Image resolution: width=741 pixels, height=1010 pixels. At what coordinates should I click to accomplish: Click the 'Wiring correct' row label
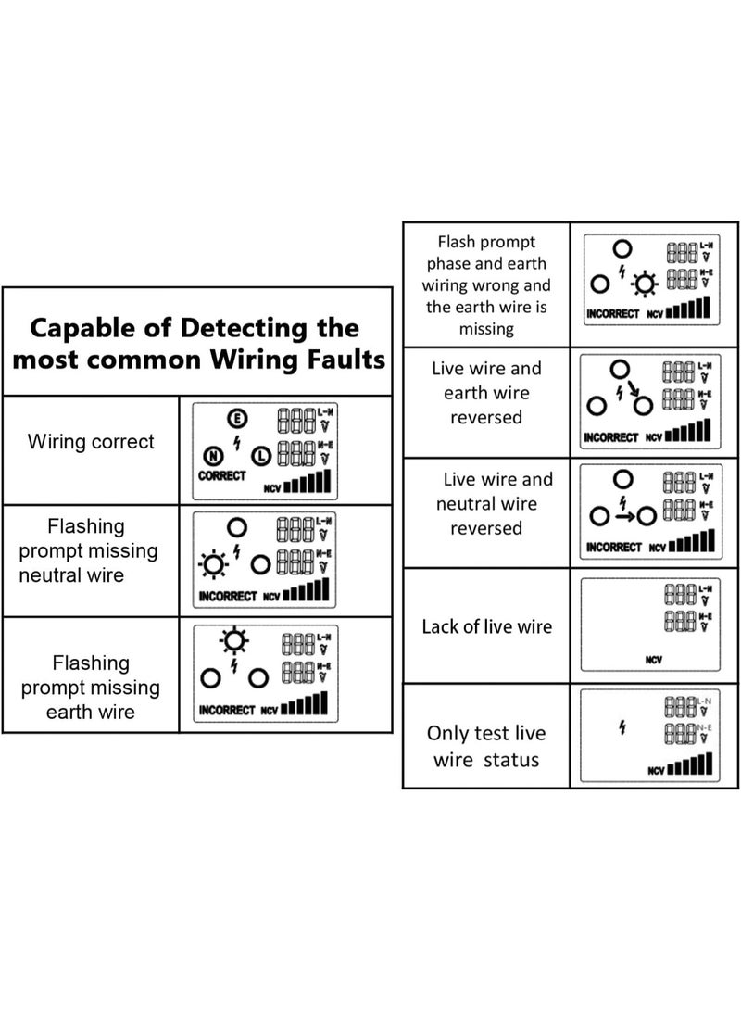(x=91, y=442)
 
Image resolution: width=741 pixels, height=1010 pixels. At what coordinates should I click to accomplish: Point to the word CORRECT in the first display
(x=222, y=476)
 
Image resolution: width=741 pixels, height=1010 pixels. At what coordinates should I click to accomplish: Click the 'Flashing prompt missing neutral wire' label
(x=89, y=551)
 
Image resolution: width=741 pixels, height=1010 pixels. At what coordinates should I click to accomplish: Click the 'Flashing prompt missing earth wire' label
(x=90, y=688)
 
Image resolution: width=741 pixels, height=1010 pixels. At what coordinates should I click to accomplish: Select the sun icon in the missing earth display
(x=232, y=640)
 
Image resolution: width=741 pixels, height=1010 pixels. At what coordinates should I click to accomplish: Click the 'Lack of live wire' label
(x=486, y=626)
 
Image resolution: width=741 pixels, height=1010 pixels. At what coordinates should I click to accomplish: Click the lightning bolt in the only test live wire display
(x=622, y=729)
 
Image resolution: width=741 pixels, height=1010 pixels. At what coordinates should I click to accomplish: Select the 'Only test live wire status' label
(x=486, y=747)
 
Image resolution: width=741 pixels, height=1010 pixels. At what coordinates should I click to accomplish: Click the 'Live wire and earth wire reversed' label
(x=486, y=393)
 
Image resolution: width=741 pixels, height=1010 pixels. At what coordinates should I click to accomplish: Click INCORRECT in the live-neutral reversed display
(x=614, y=548)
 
